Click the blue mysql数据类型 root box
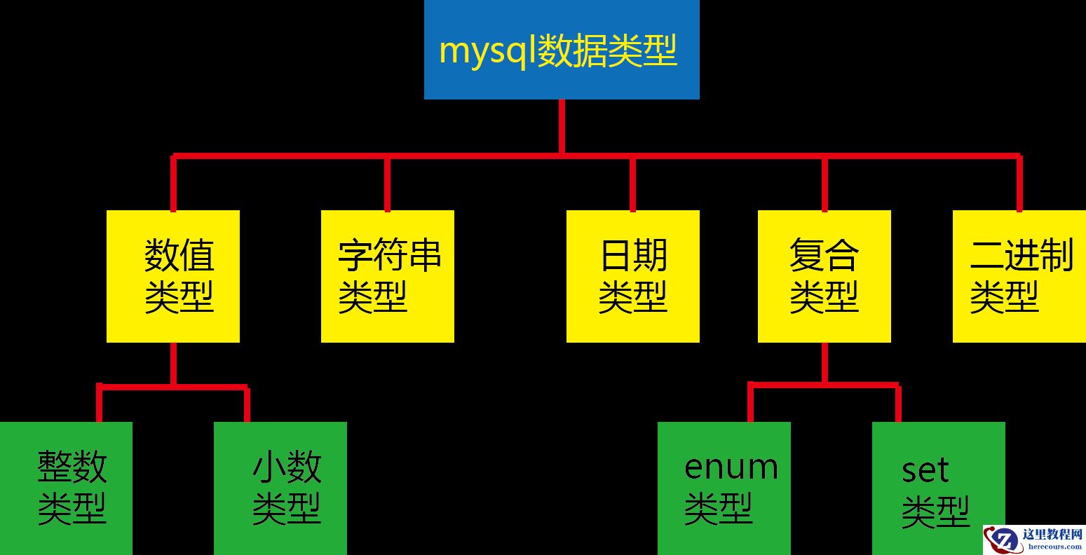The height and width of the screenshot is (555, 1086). pos(562,49)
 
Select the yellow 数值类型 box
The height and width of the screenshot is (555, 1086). pos(173,276)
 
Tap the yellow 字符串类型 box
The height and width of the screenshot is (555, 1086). pos(388,276)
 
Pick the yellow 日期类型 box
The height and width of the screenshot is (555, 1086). pos(633,276)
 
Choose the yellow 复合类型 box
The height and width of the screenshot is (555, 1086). pos(824,276)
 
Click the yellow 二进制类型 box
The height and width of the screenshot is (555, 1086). pos(1019,276)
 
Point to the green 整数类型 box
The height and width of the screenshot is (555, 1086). pos(66,488)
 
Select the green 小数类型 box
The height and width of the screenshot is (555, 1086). pos(280,488)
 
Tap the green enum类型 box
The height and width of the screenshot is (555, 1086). pos(724,488)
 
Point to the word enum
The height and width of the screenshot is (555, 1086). pos(731,467)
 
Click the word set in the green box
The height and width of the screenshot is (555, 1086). pos(925,470)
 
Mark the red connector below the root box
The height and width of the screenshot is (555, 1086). pos(562,126)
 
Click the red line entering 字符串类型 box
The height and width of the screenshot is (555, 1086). pos(388,184)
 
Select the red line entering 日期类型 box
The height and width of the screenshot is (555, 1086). pos(633,184)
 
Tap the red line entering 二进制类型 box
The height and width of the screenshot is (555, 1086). pos(1019,184)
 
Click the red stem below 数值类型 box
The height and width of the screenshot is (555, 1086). pos(173,363)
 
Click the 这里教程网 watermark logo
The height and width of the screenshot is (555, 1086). pos(1034,540)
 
